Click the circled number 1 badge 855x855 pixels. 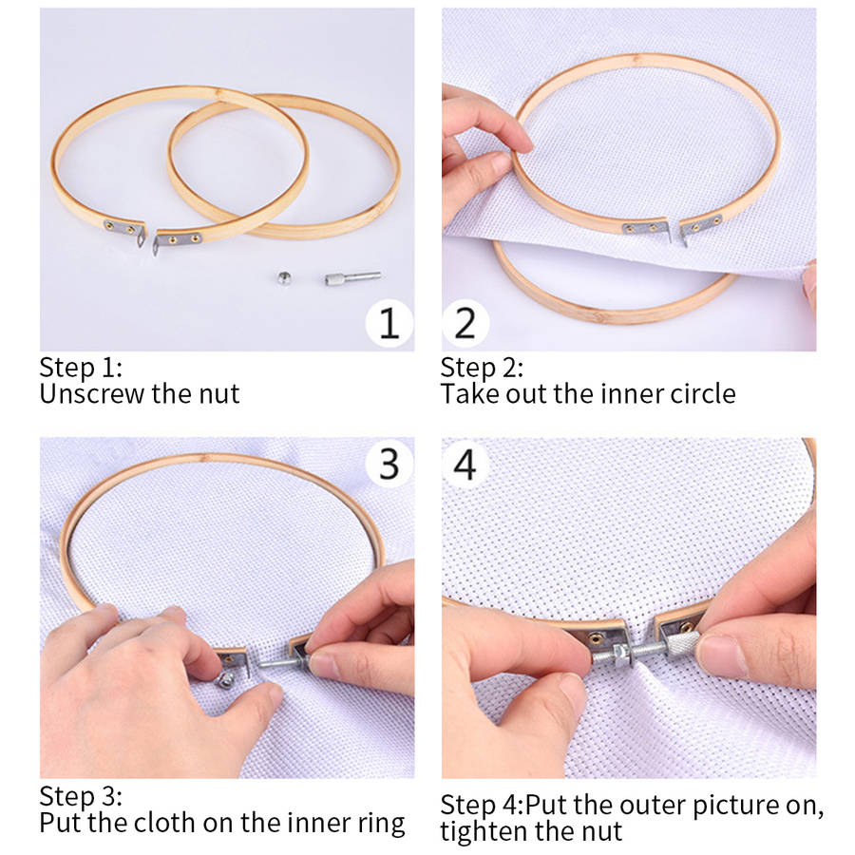click(389, 323)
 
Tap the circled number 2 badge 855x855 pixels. click(465, 323)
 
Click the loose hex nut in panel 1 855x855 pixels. click(283, 278)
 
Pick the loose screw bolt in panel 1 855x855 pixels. click(352, 277)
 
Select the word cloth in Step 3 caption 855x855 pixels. click(161, 823)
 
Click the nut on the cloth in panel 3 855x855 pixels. click(224, 680)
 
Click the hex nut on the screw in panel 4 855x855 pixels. click(619, 653)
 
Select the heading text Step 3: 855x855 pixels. click(82, 797)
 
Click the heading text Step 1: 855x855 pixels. click(82, 368)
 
